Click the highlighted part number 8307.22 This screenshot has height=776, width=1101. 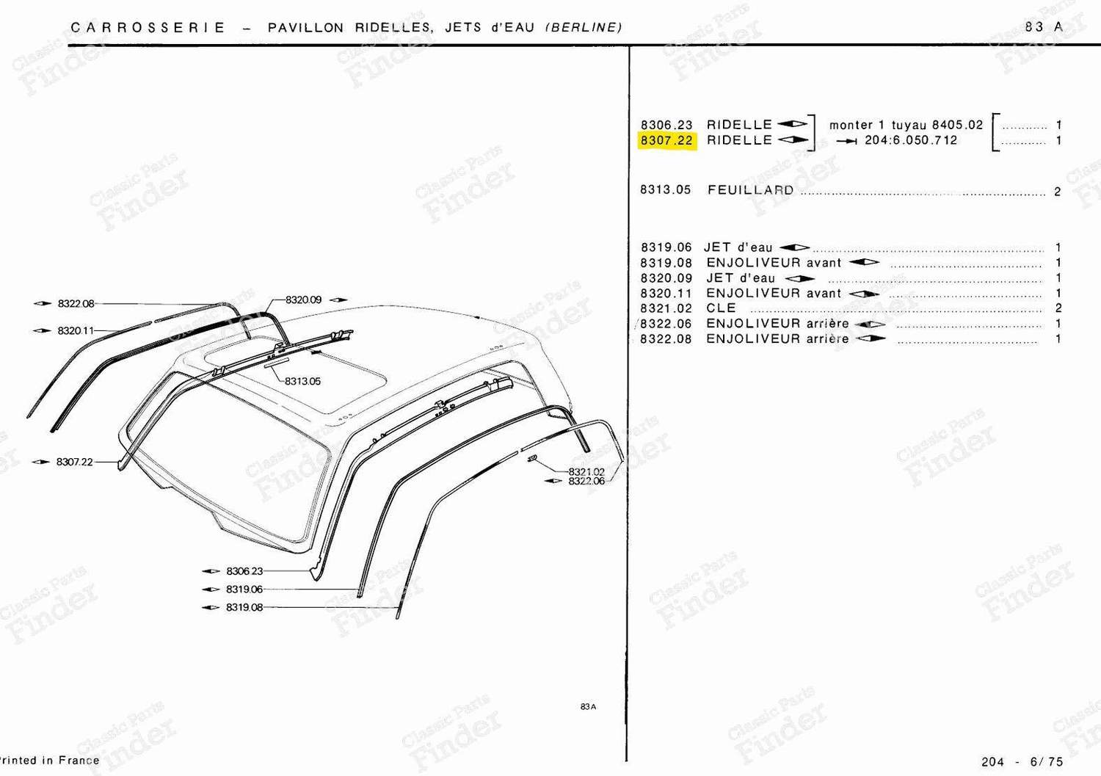pos(666,141)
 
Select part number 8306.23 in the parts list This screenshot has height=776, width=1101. pos(666,125)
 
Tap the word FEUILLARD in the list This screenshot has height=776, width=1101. pos(751,190)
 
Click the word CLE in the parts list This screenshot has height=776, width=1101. pos(721,308)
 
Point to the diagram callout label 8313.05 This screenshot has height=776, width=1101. pos(302,381)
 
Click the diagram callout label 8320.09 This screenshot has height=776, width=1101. pos(303,300)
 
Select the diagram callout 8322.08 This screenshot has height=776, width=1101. pos(76,303)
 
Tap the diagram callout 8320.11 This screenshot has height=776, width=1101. pos(75,330)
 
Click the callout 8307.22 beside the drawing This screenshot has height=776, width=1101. pos(75,462)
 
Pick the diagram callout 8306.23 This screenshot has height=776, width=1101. pos(244,571)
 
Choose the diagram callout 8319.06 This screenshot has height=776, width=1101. pos(244,589)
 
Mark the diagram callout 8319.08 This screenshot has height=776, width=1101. pos(244,607)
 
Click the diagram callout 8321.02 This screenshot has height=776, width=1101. pos(586,471)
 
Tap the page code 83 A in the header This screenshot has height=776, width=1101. pos(1044,27)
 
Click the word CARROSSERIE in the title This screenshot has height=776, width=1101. pos(148,28)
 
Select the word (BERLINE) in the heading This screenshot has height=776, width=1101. pos(584,28)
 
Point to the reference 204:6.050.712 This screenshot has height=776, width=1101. pos(912,140)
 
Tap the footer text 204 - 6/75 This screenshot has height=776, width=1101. pos(1022,762)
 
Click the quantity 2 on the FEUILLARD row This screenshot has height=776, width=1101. pos(1058,192)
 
